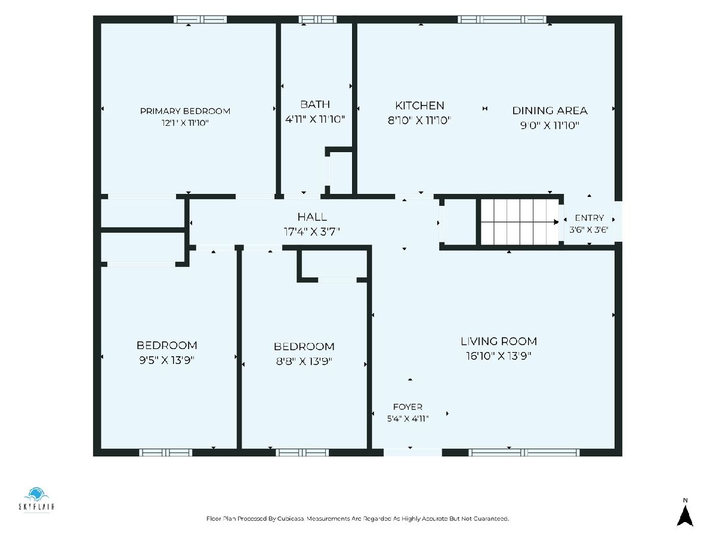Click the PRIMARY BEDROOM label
click(x=185, y=111)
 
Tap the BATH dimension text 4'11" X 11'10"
click(x=315, y=119)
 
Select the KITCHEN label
click(x=419, y=106)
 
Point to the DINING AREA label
click(x=550, y=110)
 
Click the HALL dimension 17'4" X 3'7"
click(x=312, y=232)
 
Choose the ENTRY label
click(x=589, y=218)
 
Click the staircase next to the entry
click(x=520, y=222)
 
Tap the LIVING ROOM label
click(x=499, y=341)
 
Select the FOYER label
click(x=408, y=407)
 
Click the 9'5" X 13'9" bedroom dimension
click(x=166, y=360)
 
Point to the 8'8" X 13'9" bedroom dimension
click(x=304, y=361)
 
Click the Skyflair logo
click(x=36, y=499)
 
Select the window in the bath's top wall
click(x=317, y=20)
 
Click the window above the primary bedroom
click(x=200, y=20)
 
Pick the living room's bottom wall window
click(x=524, y=452)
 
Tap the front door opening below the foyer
click(x=413, y=452)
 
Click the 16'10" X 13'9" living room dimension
click(x=499, y=356)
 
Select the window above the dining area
click(x=502, y=20)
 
